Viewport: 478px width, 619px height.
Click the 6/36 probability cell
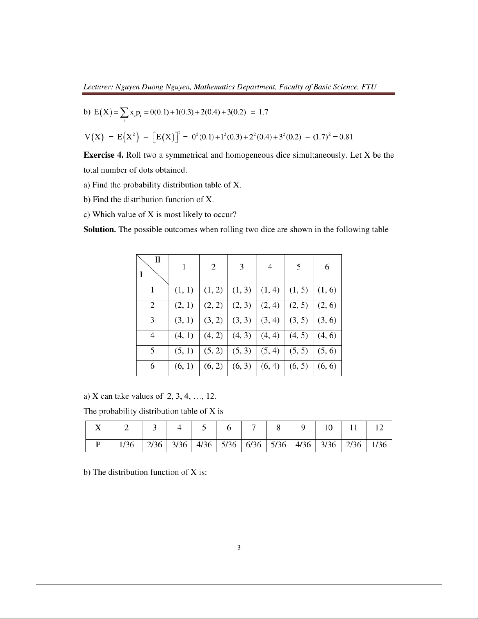click(254, 445)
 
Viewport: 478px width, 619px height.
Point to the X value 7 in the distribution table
click(254, 428)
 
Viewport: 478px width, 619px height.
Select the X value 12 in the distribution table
click(379, 428)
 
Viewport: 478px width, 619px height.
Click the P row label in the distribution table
click(98, 445)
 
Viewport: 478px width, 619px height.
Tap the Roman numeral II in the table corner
click(158, 259)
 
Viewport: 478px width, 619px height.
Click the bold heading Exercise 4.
click(104, 155)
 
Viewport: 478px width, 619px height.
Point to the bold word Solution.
click(100, 229)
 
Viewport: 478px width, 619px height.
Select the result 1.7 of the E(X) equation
click(263, 112)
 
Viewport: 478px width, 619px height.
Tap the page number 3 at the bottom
click(239, 547)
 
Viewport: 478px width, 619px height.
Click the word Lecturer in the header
click(98, 87)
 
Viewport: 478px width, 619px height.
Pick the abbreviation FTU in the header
click(369, 87)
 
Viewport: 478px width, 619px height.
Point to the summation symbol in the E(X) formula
click(124, 113)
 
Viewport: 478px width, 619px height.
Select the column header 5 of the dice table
click(299, 267)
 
